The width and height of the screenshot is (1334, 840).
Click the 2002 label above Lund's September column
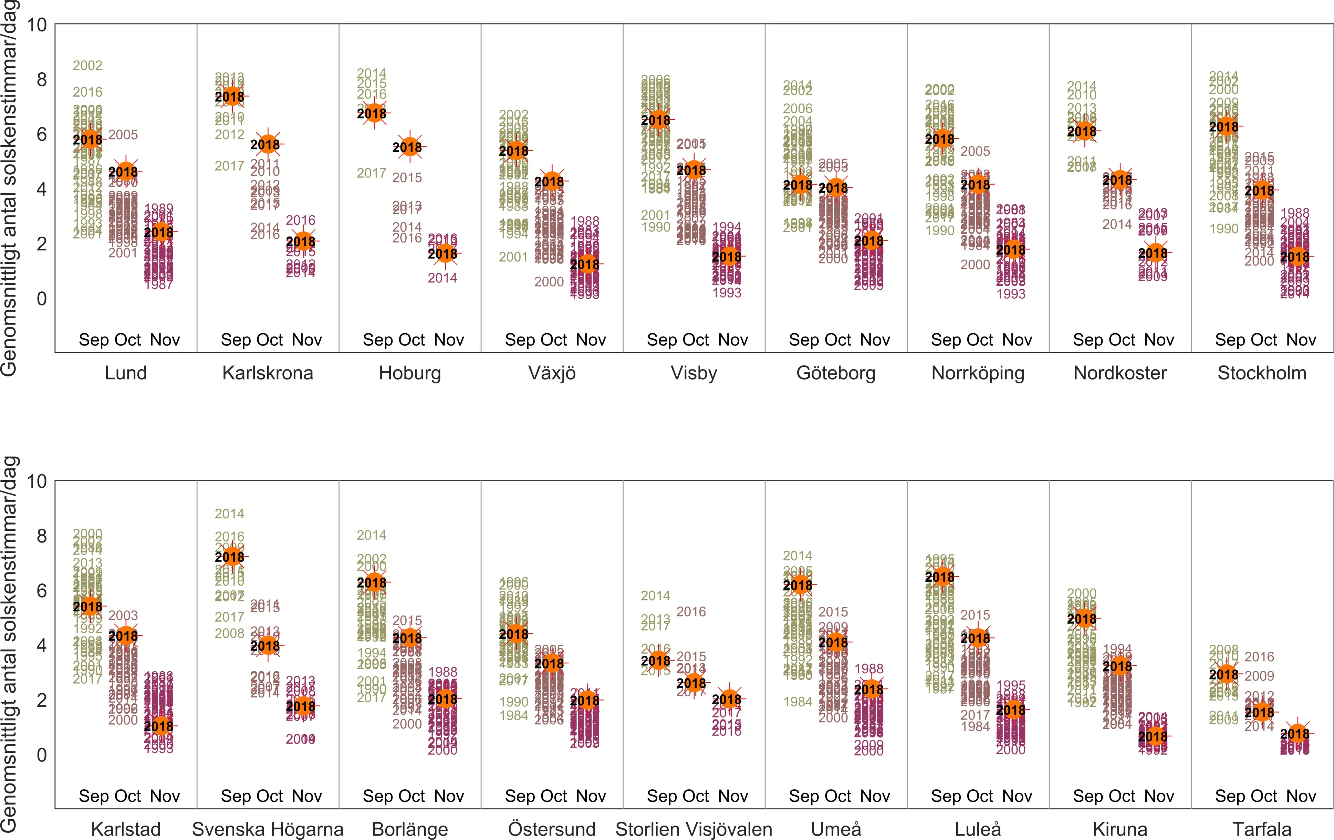click(x=87, y=65)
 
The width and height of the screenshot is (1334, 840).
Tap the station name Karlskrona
click(x=268, y=373)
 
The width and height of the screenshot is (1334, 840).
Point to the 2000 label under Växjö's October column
click(x=549, y=282)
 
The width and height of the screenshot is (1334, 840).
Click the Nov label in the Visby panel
click(x=733, y=340)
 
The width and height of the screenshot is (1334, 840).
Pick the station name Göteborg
click(x=836, y=373)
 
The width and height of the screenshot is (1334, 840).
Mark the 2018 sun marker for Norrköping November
click(x=1011, y=250)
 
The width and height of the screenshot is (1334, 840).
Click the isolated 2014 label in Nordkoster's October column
click(x=1117, y=225)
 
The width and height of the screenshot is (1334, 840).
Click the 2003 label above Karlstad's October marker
click(x=123, y=615)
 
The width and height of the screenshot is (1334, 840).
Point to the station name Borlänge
click(x=410, y=829)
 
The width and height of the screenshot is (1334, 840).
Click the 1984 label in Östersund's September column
click(x=513, y=715)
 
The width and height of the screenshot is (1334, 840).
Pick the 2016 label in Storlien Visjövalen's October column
click(x=691, y=612)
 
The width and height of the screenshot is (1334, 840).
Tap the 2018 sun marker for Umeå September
click(x=798, y=585)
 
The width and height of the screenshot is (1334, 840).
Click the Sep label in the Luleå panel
click(x=947, y=796)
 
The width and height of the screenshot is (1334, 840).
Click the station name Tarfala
click(x=1262, y=829)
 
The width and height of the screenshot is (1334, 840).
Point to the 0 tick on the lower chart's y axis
click(x=42, y=755)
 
